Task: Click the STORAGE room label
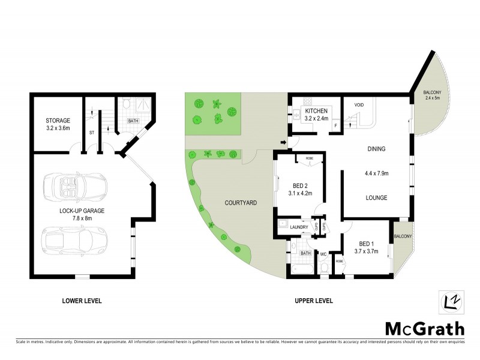58,120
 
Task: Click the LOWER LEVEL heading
82,301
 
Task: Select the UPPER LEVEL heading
313,301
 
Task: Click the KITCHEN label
316,112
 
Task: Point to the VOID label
359,105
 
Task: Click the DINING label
376,149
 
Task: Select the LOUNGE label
376,197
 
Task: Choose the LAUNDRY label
298,227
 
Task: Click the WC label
322,254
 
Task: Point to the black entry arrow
283,142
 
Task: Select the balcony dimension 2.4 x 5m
432,98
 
